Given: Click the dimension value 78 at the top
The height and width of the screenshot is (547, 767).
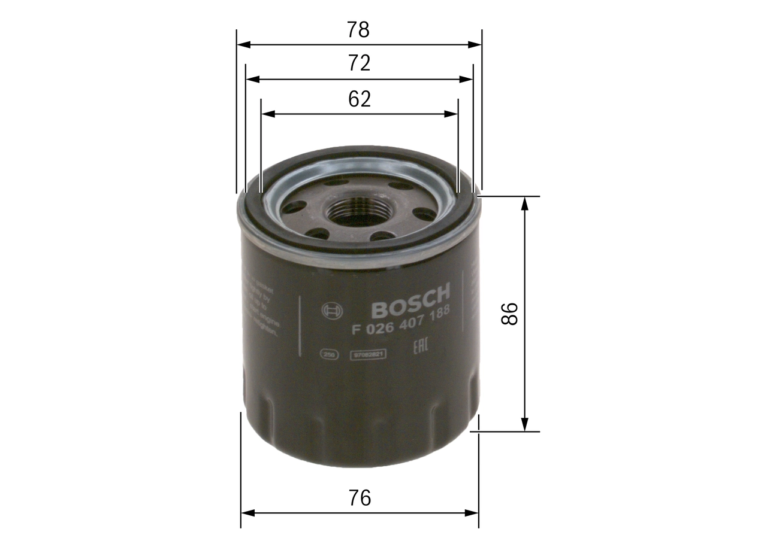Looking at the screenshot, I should click(359, 30).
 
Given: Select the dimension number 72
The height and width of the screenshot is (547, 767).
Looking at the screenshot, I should click(359, 63).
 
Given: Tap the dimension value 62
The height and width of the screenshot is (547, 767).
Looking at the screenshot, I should click(359, 99).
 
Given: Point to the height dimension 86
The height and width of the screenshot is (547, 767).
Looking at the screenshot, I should click(509, 314).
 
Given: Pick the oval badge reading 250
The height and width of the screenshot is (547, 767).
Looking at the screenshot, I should click(328, 354).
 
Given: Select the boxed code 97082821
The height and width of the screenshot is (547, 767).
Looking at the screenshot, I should click(367, 354).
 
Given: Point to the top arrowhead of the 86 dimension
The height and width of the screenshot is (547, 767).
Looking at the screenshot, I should click(525, 202).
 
